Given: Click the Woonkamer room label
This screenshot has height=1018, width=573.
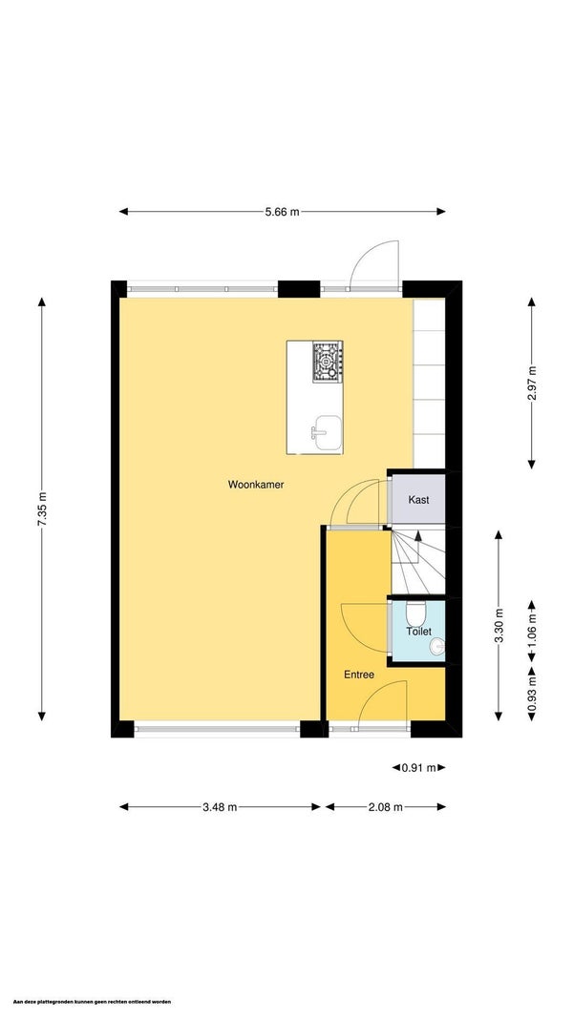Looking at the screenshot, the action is [x=255, y=485].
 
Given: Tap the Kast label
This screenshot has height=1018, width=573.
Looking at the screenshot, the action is [x=417, y=500].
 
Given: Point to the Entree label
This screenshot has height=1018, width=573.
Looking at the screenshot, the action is [x=359, y=675].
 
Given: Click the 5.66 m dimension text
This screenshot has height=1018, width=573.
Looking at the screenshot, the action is [x=282, y=212].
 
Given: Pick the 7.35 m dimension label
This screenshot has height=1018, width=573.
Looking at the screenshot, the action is [x=42, y=509].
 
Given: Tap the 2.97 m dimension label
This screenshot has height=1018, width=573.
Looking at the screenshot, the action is [x=531, y=383].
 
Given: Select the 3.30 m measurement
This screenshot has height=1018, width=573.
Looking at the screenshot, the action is [x=499, y=625].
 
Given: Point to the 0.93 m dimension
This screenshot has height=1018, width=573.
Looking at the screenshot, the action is [x=531, y=694].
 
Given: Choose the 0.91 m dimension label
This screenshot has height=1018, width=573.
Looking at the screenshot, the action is [x=418, y=767].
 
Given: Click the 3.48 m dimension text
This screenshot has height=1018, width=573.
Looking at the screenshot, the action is [x=220, y=807].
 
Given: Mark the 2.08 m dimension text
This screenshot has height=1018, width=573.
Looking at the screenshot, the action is [x=386, y=807].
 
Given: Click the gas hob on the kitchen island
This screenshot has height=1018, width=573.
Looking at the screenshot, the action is [x=328, y=362].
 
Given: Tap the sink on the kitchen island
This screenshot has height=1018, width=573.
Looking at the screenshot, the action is [x=324, y=432].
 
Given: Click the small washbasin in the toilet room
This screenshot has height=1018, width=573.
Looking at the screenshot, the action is [x=438, y=646].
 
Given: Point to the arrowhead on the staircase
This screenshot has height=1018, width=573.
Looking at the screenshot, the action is [x=417, y=536].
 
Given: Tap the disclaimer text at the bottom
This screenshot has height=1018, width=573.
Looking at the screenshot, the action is [x=87, y=1002].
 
